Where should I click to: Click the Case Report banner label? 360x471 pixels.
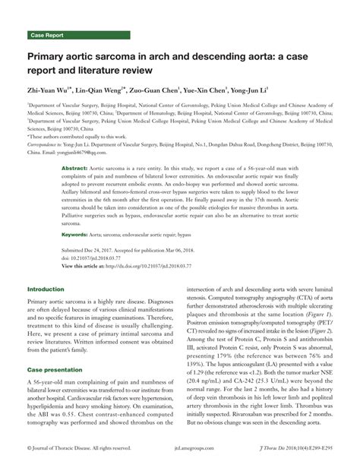pyautogui.click(x=47, y=35)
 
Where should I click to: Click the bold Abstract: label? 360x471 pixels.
pyautogui.click(x=74, y=145)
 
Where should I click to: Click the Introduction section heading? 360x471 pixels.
pyautogui.click(x=46, y=289)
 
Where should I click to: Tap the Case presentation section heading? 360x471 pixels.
pyautogui.click(x=55, y=368)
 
